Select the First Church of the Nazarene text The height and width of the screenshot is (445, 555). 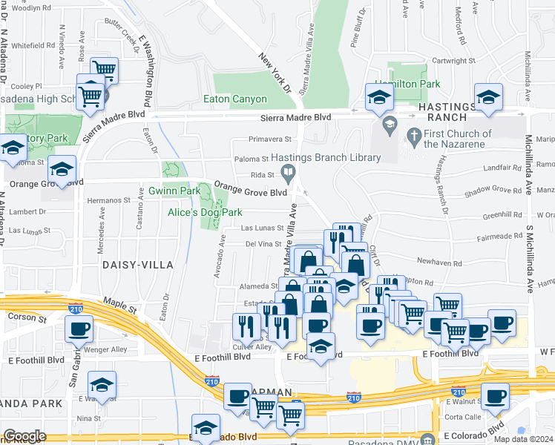458,139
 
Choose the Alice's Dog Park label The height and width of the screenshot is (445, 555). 205,212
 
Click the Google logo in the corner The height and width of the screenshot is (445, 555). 24,436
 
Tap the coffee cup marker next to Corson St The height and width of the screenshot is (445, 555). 79,329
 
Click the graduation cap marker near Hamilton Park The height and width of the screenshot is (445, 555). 379,97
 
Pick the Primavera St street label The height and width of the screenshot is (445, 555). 270,139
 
